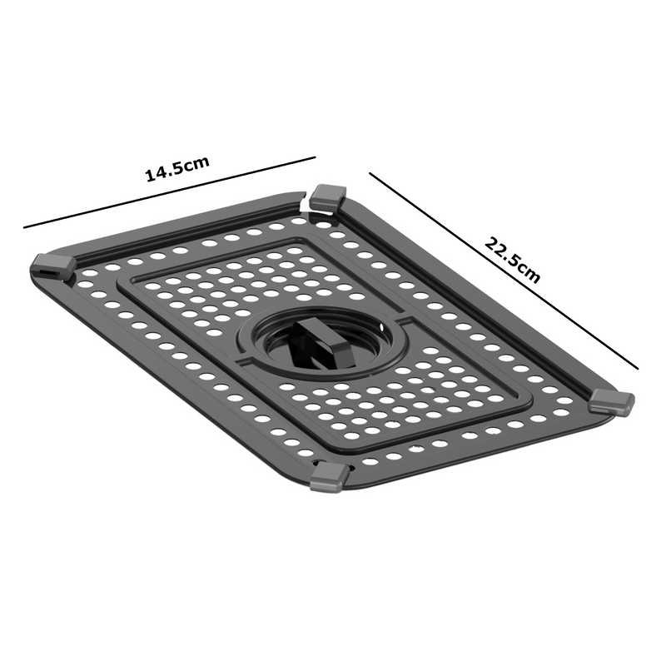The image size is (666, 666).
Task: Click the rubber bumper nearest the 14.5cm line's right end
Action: pyautogui.click(x=327, y=198)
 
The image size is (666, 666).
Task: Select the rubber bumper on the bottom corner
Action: pyautogui.click(x=330, y=477)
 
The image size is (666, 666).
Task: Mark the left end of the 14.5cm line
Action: pyautogui.click(x=24, y=227)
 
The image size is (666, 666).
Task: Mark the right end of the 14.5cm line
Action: pyautogui.click(x=316, y=157)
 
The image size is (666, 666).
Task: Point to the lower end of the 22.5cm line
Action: pyautogui.click(x=638, y=368)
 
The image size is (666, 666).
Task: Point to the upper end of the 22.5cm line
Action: pyautogui.click(x=370, y=173)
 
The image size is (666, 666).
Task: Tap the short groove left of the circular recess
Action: pyautogui.click(x=243, y=362)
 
